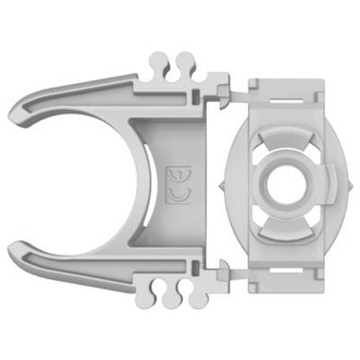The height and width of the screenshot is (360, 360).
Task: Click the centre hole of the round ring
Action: pos(283,182)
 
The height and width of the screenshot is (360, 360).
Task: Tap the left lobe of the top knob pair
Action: pos(159,63)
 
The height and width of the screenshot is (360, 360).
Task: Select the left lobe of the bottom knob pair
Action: pos(159,296)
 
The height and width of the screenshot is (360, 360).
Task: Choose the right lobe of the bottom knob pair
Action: pos(186,296)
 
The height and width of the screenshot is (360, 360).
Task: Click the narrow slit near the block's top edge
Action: pos(283,88)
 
